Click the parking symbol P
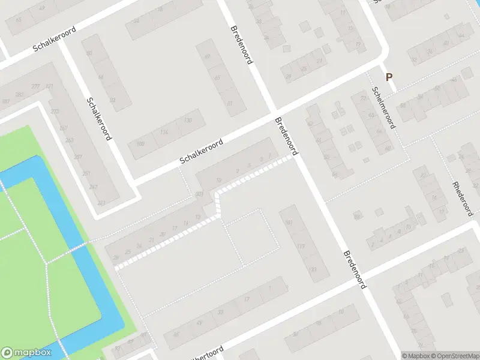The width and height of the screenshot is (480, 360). [x=389, y=77]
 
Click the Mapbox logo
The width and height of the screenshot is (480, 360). [x=26, y=352]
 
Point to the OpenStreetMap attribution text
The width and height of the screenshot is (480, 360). [x=454, y=356]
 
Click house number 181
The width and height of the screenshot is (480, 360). [x=290, y=223]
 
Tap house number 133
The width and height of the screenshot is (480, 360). [x=312, y=269]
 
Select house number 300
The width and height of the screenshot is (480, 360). [x=199, y=194]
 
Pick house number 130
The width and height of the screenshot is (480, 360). [x=189, y=121]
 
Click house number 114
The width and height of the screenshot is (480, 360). [x=164, y=132]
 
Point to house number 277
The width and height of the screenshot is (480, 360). [x=36, y=87]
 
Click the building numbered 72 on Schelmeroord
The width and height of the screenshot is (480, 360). [x=362, y=97]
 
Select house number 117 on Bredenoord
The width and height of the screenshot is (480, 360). [x=301, y=247]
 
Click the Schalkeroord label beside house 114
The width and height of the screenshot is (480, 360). [x=202, y=152]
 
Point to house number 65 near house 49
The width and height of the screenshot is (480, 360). [x=18, y=20]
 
